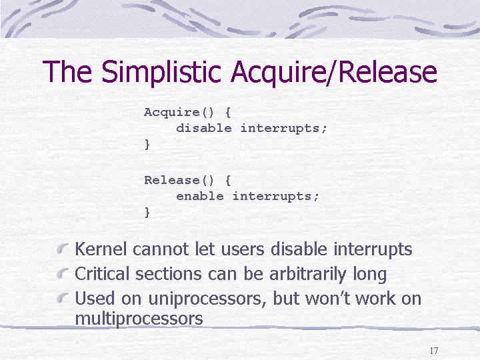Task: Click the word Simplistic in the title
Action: (x=161, y=72)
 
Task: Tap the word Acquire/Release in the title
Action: (x=334, y=72)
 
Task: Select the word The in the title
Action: (x=67, y=71)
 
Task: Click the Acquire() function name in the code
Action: (x=179, y=112)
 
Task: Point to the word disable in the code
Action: (x=204, y=128)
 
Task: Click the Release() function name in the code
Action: (x=179, y=180)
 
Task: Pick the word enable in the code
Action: (x=200, y=196)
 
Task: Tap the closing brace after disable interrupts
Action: (x=147, y=144)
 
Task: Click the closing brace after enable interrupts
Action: (x=147, y=212)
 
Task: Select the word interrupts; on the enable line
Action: (x=276, y=197)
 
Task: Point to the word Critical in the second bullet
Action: (x=102, y=273)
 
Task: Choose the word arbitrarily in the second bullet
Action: (x=307, y=275)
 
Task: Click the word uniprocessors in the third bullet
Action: (x=207, y=299)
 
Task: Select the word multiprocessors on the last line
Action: (x=139, y=319)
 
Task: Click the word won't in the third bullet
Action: (x=327, y=298)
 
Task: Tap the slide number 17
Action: (x=434, y=351)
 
